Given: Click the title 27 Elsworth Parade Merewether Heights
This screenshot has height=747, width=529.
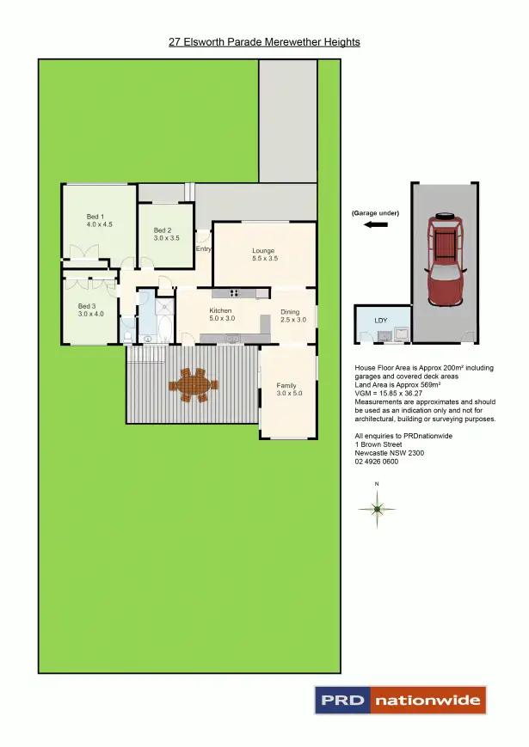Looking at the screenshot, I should pyautogui.click(x=264, y=41).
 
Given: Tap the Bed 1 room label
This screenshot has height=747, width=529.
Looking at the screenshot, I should pyautogui.click(x=95, y=216).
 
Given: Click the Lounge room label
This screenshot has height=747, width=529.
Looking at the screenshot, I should pyautogui.click(x=263, y=251).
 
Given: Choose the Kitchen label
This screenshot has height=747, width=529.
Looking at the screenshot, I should pyautogui.click(x=221, y=310).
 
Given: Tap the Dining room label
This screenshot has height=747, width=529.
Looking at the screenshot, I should pyautogui.click(x=290, y=311).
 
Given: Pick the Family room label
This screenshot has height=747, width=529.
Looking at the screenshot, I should pyautogui.click(x=286, y=386).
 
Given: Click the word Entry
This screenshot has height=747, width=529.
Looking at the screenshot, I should pyautogui.click(x=204, y=249).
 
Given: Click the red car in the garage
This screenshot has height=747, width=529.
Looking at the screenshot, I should pyautogui.click(x=445, y=260).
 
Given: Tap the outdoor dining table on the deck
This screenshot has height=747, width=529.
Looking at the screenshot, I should pyautogui.click(x=194, y=384).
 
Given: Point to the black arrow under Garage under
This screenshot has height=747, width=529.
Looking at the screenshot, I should pyautogui.click(x=376, y=224).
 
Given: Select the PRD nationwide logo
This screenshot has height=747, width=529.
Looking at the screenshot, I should pyautogui.click(x=400, y=700).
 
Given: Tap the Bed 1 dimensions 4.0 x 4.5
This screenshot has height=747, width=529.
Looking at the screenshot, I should pyautogui.click(x=100, y=223).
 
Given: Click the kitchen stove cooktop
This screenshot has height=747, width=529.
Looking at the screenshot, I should pyautogui.click(x=237, y=294).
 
